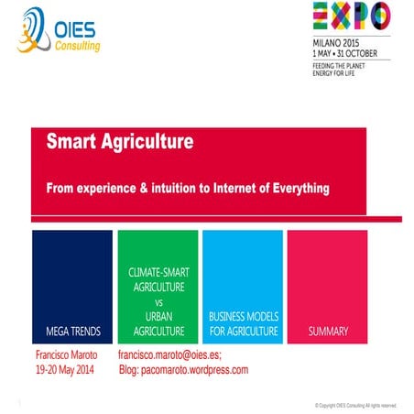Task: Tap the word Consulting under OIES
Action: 79,46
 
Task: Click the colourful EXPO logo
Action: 351,16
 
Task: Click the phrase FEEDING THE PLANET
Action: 341,66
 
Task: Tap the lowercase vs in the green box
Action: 158,301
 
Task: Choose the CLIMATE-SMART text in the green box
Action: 158,274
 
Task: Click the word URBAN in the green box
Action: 158,316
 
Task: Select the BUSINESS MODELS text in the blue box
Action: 243,316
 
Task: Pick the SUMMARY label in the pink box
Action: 327,331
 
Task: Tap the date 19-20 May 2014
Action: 65,370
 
